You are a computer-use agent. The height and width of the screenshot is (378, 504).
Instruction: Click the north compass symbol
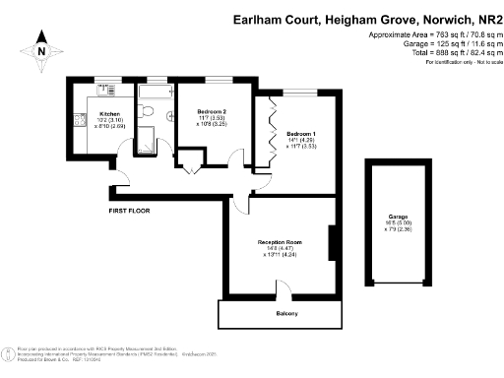pos(40,46)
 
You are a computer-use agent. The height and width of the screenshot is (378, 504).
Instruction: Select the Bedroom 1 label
pos(301,132)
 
